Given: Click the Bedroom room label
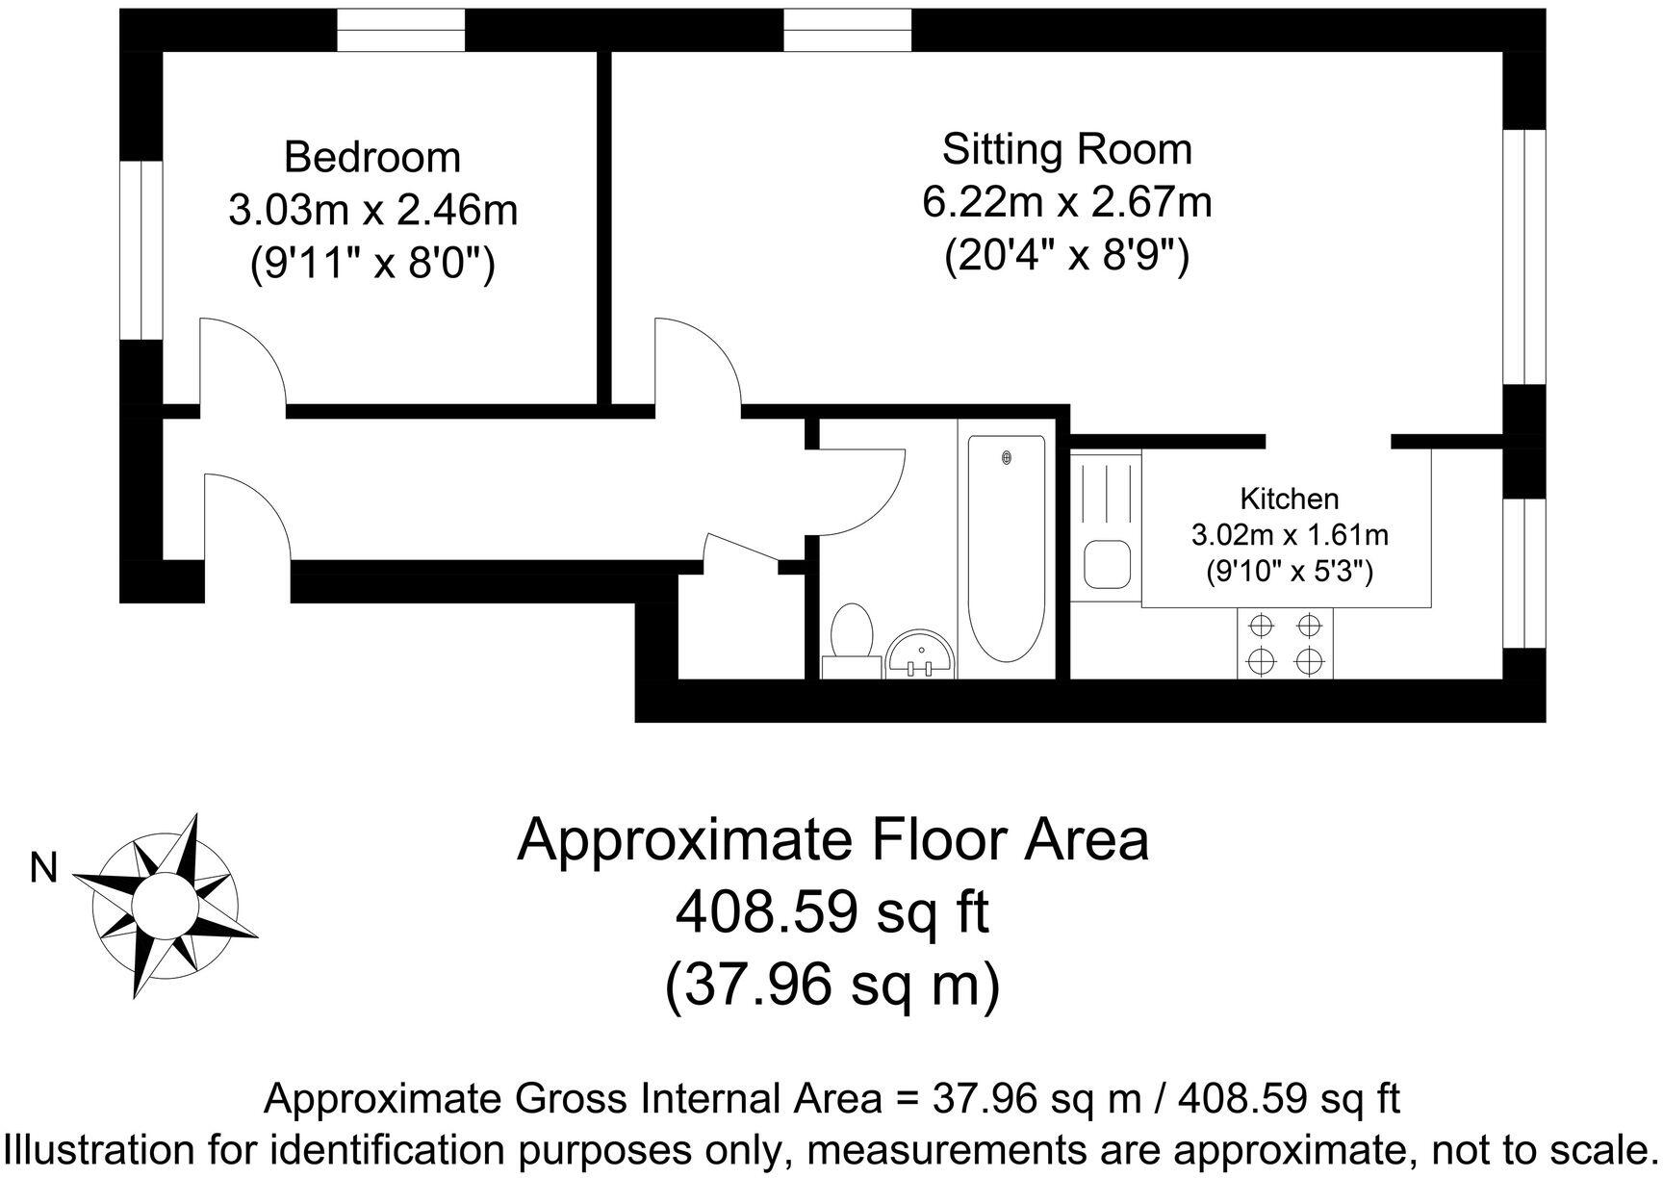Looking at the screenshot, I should [372, 157].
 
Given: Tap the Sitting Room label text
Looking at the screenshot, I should [1066, 149].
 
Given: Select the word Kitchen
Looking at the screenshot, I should [1289, 499].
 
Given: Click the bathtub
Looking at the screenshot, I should [1006, 549].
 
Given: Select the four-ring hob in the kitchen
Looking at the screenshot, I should [1285, 644].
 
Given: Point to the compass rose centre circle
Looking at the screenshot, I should [164, 905].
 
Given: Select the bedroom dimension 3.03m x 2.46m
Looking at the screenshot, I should [372, 210].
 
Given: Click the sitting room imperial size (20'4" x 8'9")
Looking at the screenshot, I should [1066, 256].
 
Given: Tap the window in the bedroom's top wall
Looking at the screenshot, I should [401, 30].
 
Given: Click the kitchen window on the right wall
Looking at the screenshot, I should [1525, 573].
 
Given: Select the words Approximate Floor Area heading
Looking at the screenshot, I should [832, 839].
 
